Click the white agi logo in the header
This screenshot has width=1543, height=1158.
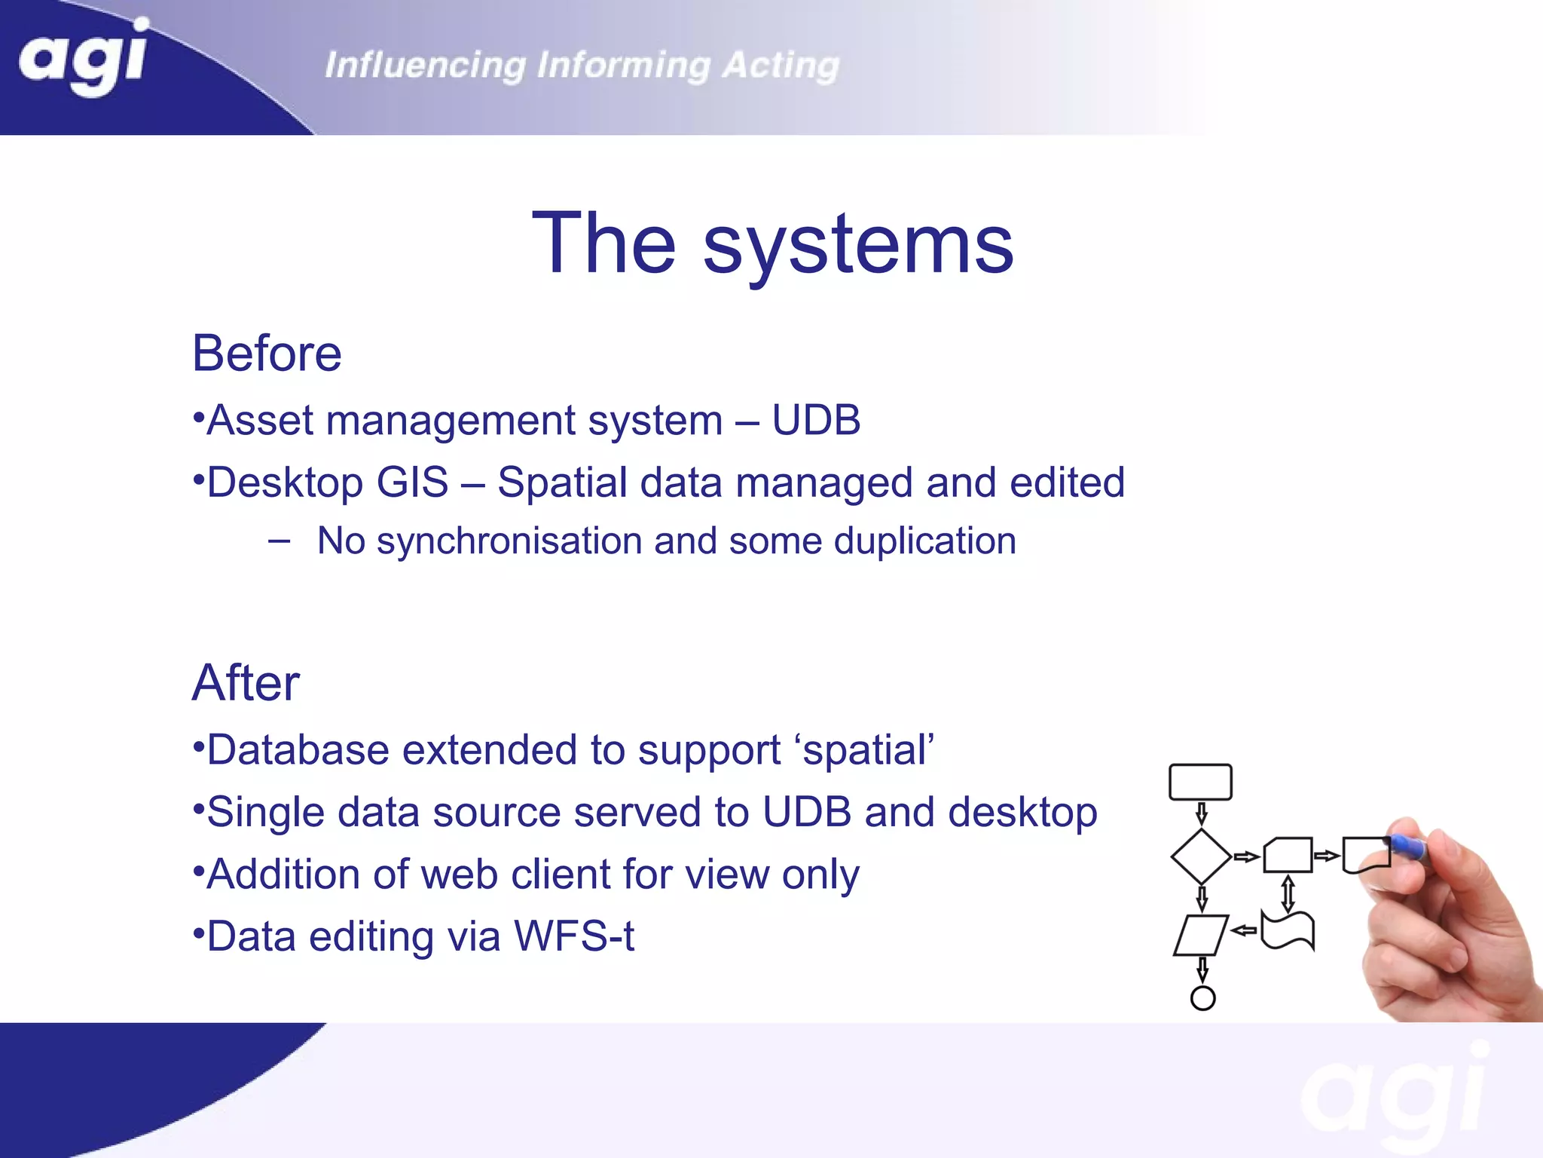pyautogui.click(x=83, y=57)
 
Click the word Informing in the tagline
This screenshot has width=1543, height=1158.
pyautogui.click(x=623, y=66)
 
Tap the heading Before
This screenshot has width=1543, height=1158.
pyautogui.click(x=267, y=353)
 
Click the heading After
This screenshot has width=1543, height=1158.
pyautogui.click(x=246, y=683)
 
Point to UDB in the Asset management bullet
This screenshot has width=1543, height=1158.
pyautogui.click(x=816, y=420)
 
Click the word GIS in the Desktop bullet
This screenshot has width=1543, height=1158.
pyautogui.click(x=412, y=482)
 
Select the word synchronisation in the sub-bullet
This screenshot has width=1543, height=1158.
pyautogui.click(x=509, y=541)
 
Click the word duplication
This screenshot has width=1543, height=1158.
pyautogui.click(x=924, y=541)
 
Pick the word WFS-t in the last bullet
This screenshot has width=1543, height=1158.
pyautogui.click(x=573, y=936)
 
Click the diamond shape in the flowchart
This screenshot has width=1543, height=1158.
pyautogui.click(x=1201, y=856)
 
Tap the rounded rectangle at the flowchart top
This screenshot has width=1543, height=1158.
pyautogui.click(x=1200, y=782)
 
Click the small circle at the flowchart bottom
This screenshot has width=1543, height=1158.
pyautogui.click(x=1202, y=998)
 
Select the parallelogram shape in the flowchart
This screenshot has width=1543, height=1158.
pyautogui.click(x=1201, y=935)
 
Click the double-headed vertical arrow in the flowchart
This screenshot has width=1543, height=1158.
pyautogui.click(x=1288, y=893)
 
